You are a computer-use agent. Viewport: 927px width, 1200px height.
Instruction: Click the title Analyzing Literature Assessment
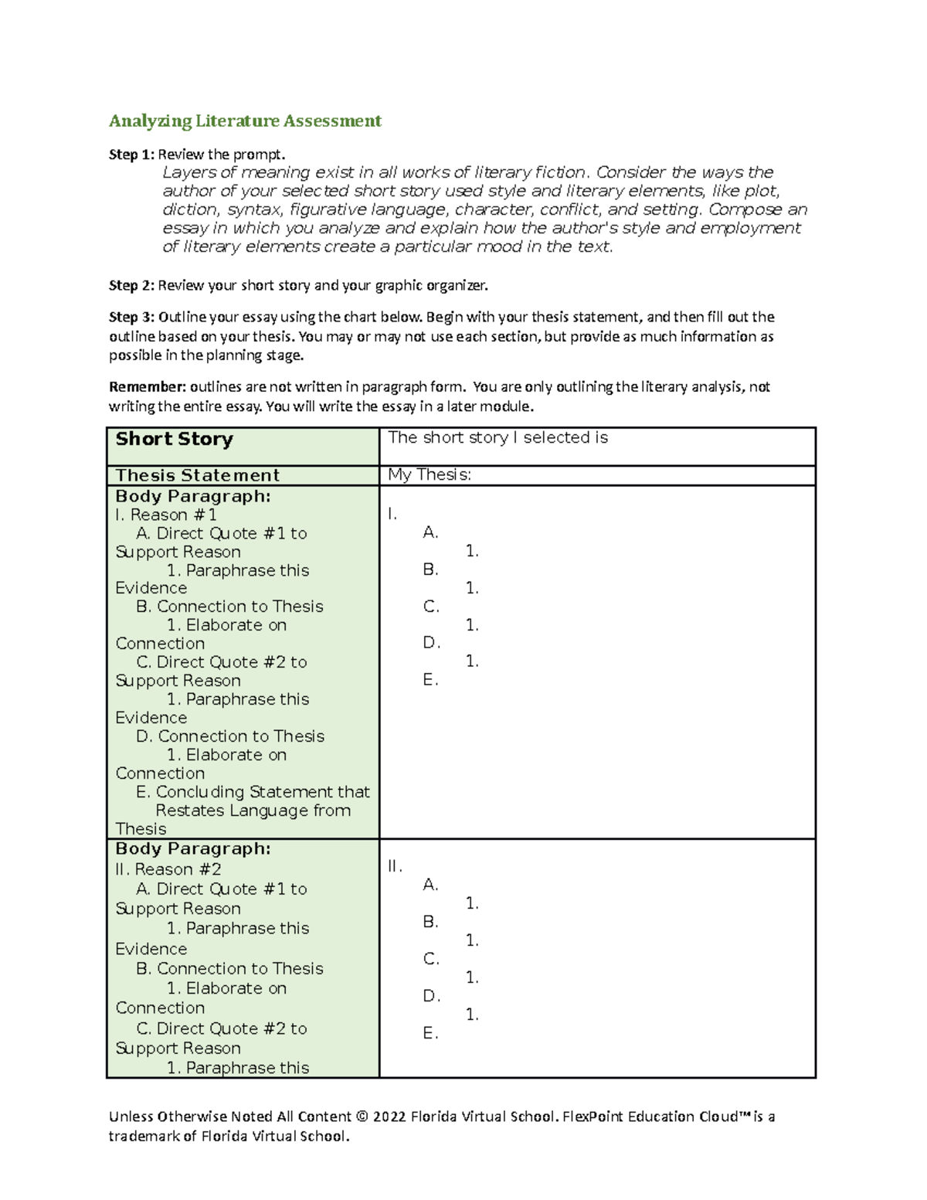[x=245, y=121]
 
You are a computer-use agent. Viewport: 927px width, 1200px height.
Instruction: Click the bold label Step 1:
[x=131, y=155]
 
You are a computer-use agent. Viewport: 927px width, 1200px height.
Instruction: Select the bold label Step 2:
[x=131, y=286]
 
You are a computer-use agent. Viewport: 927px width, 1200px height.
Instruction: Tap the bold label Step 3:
[x=131, y=317]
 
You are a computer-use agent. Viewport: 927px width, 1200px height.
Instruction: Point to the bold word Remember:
[x=147, y=387]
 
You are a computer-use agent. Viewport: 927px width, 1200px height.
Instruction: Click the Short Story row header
[x=174, y=439]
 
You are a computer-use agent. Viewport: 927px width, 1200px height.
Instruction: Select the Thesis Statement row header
[x=197, y=475]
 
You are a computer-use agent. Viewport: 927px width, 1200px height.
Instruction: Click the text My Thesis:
[x=430, y=475]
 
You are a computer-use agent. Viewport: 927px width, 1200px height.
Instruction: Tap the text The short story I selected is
[x=497, y=437]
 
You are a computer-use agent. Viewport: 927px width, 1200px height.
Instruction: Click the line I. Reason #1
[x=166, y=515]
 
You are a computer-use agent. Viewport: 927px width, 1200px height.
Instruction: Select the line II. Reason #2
[x=168, y=869]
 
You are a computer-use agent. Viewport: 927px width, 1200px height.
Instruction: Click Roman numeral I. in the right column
[x=392, y=515]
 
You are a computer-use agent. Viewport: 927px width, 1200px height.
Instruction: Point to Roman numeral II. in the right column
[x=395, y=866]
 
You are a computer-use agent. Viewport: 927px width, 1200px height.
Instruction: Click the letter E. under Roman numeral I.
[x=430, y=680]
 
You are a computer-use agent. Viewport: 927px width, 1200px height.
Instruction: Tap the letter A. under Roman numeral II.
[x=430, y=885]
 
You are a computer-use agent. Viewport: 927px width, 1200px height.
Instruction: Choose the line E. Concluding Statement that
[x=253, y=792]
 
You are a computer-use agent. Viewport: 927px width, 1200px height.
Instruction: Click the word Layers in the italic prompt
[x=188, y=172]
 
